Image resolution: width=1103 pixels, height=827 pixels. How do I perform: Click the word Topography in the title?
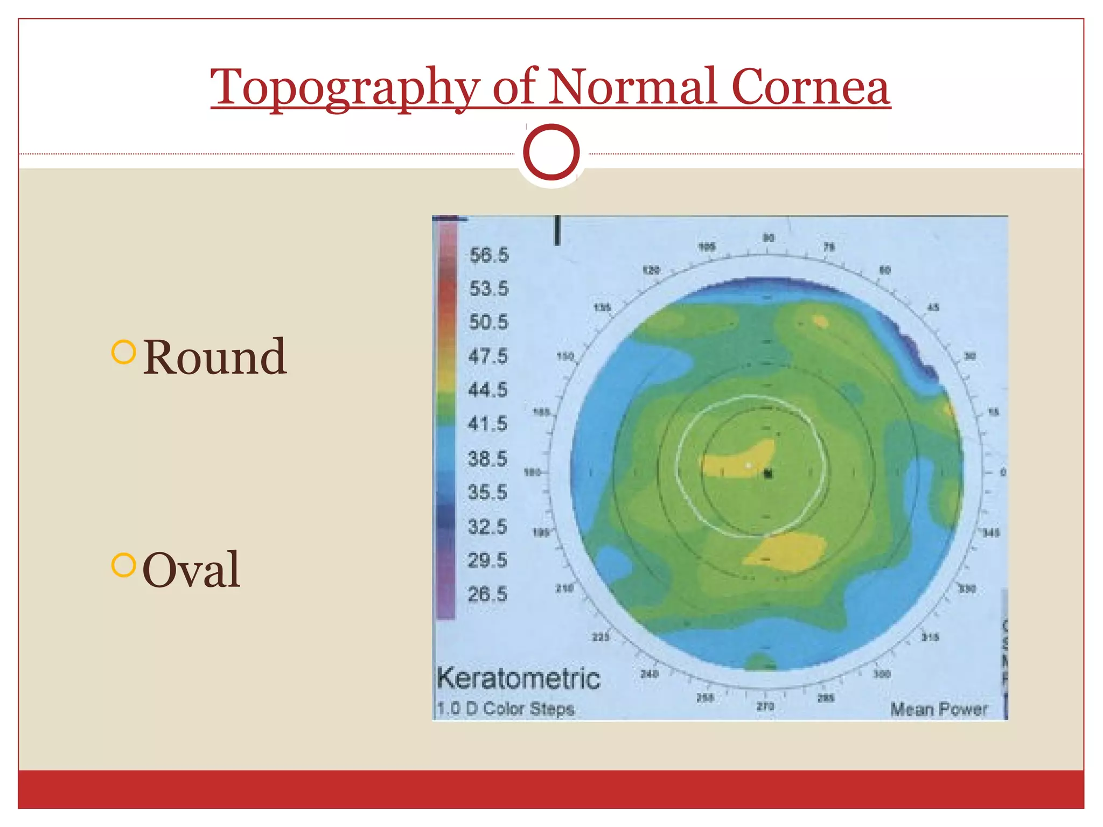coord(345,88)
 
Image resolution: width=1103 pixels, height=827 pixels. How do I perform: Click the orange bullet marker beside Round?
coord(123,352)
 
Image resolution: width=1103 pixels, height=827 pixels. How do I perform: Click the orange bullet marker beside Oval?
coord(123,565)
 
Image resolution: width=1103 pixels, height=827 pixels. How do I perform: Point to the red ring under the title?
coord(551,152)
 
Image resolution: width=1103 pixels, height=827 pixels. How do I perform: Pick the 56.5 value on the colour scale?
coord(488,255)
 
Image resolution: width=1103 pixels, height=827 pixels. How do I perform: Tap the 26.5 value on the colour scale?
coord(487,594)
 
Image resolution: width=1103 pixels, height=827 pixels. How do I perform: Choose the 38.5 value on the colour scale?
coord(487,459)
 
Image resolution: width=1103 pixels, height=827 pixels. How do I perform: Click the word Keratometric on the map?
coord(518,678)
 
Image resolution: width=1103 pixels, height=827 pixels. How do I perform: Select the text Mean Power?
coord(939,710)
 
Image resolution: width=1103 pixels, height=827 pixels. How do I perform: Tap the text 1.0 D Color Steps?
coord(505,709)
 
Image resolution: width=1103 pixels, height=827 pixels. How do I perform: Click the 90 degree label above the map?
coord(769,238)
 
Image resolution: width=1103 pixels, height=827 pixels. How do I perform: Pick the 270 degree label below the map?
coord(765,706)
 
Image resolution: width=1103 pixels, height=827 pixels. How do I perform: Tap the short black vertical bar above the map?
coord(557,230)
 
